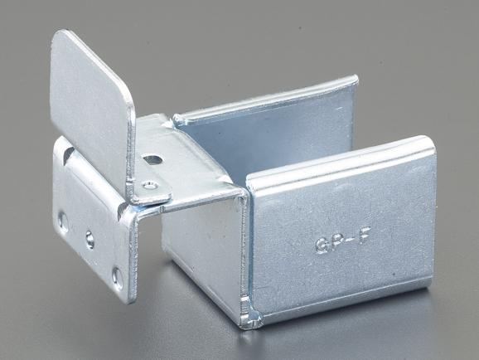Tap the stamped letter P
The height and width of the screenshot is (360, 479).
[334, 245]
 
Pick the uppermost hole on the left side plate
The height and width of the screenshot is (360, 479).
[64, 220]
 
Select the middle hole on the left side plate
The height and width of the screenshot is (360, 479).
[90, 240]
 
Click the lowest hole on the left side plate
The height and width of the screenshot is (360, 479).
[118, 277]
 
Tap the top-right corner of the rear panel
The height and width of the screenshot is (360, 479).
[355, 79]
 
